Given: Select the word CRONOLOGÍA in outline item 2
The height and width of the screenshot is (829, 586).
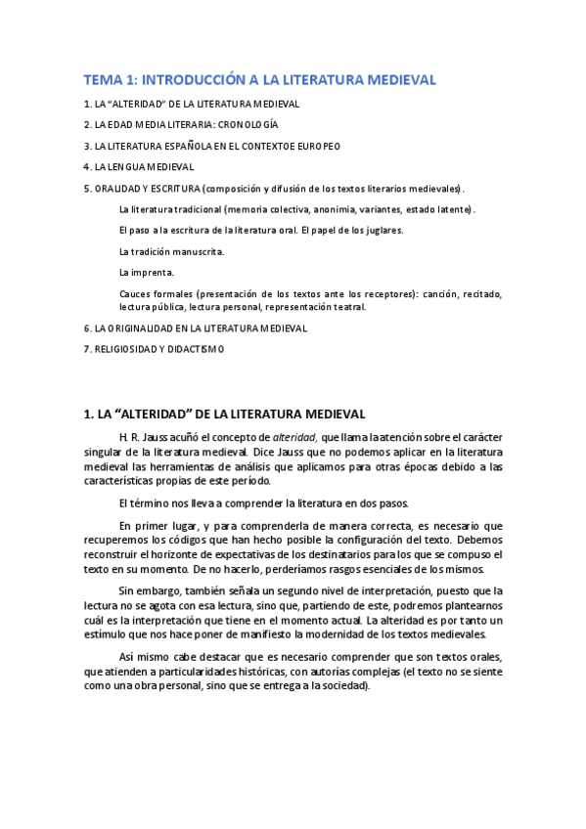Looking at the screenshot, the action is point(248,124).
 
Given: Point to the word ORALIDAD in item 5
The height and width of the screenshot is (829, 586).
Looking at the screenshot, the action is point(114,188).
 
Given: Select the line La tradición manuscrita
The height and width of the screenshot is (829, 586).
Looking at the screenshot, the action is point(171,251).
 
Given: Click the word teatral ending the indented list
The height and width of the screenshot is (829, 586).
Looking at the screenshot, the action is point(349,306).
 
